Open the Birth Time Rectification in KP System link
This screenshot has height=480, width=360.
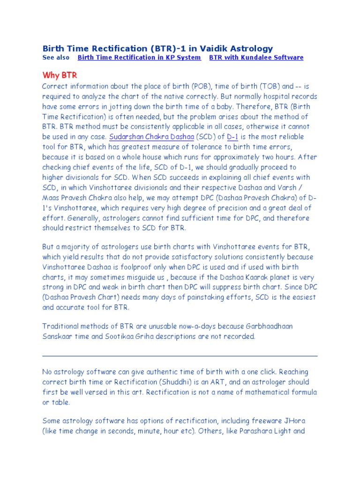[139, 58]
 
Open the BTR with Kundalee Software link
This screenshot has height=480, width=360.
[256, 58]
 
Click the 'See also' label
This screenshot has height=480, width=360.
[55, 58]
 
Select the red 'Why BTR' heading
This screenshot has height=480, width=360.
[60, 75]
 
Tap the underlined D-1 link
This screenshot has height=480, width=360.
[232, 137]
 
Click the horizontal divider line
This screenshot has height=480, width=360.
[180, 356]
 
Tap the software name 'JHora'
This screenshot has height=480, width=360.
[294, 420]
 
